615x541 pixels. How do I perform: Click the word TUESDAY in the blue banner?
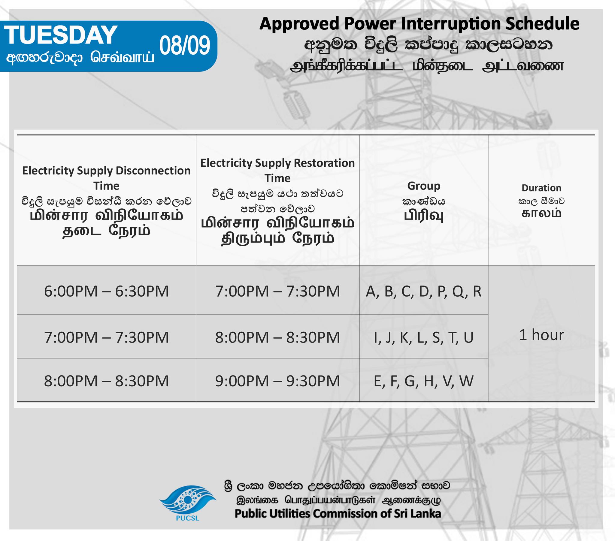click(60, 35)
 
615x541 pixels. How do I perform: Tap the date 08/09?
click(185, 46)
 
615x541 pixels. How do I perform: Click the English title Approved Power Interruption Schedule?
click(419, 24)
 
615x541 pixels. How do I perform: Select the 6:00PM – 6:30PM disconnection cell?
click(106, 291)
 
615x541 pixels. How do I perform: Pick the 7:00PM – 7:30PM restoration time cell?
click(277, 291)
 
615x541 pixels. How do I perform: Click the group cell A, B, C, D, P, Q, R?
click(423, 292)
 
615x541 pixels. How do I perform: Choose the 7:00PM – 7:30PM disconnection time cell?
click(106, 337)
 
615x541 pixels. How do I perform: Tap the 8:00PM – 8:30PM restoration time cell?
click(277, 337)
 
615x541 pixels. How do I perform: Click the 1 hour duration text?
click(542, 334)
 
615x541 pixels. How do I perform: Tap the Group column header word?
click(424, 186)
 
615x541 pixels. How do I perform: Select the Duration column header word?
click(542, 188)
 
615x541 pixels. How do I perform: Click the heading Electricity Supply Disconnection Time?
click(106, 178)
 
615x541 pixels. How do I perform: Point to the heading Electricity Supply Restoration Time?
click(277, 170)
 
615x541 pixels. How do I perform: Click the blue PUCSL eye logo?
click(187, 499)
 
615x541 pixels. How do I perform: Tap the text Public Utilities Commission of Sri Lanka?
click(338, 513)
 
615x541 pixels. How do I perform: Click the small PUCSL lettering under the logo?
click(187, 518)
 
